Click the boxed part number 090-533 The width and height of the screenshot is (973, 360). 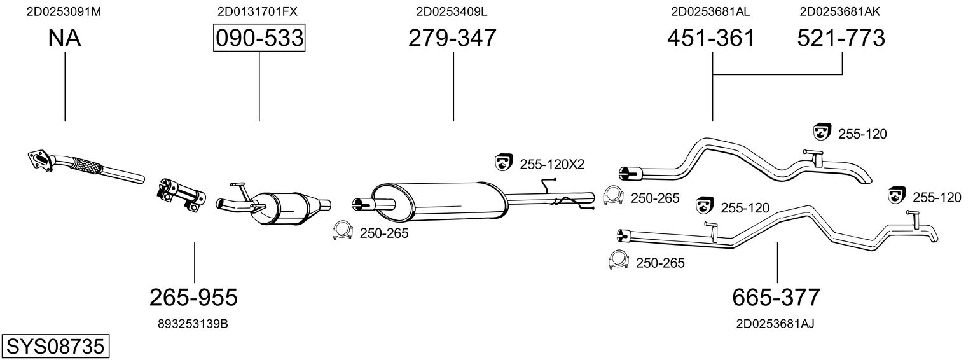point(259,38)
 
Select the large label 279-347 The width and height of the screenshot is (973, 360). point(452,38)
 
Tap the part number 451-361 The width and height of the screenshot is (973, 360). point(711,38)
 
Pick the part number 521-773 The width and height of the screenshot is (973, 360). point(841,38)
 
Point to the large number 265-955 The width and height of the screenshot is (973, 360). point(193,296)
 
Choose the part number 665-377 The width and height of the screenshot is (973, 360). point(776,296)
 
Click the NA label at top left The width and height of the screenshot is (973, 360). point(64,38)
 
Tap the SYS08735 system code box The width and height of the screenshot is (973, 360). point(55,347)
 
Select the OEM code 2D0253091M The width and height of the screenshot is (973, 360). point(64,11)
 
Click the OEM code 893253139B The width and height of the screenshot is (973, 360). point(193,324)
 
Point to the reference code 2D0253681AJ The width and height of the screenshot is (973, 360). point(775,324)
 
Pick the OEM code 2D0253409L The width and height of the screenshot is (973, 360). point(452,11)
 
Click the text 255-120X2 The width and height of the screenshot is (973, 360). point(551,164)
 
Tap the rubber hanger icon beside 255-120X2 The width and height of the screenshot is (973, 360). point(504,163)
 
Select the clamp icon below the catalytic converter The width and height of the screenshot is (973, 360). point(343,232)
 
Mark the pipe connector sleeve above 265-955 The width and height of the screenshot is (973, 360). point(181,193)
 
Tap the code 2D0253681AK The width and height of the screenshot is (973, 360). point(839,11)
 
